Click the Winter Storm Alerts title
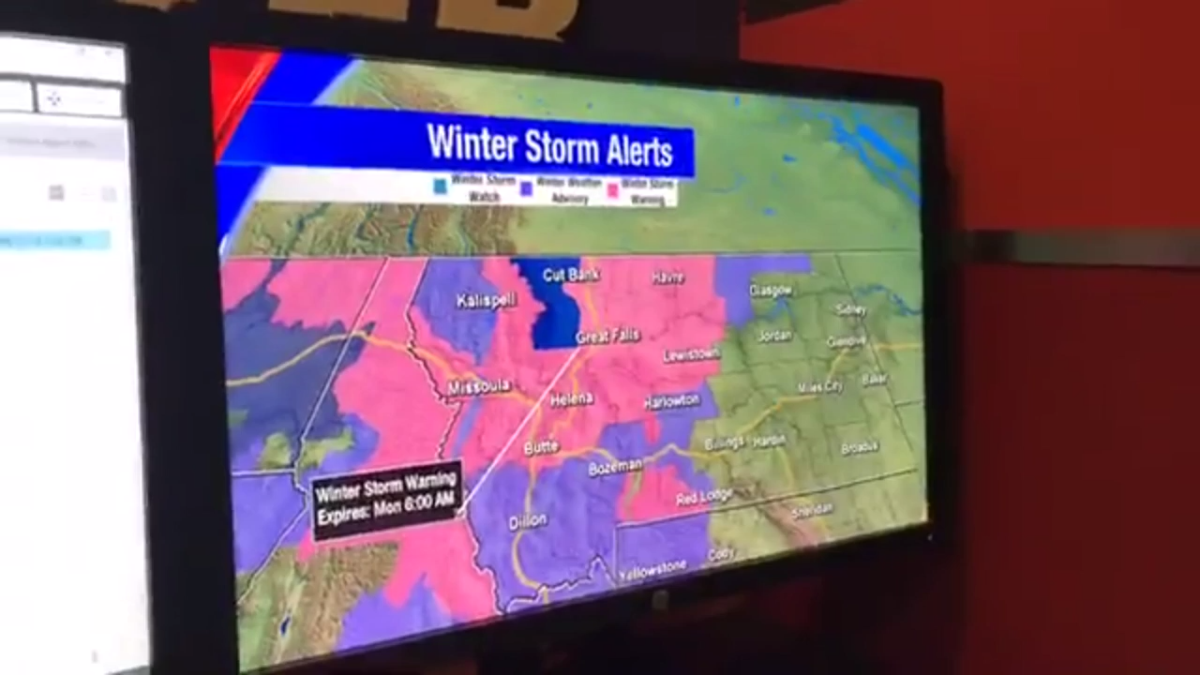point(549,146)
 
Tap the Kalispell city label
point(486,301)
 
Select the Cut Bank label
point(571,275)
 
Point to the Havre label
point(667,277)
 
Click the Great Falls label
point(607,337)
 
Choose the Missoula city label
point(478,386)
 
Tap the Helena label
point(571,399)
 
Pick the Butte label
point(541,447)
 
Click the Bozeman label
point(615,466)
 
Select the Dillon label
point(528,521)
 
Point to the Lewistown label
point(691,354)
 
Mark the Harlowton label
point(671,401)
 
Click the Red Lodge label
point(704,498)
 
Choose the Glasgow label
point(771,291)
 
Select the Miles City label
point(820,386)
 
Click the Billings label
point(724,442)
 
